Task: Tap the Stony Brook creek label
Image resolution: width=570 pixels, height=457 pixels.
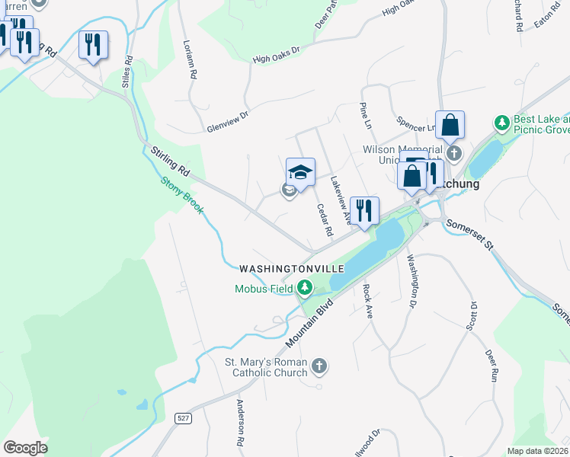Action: coord(181,196)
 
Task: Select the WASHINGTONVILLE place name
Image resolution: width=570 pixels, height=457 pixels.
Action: coord(292,270)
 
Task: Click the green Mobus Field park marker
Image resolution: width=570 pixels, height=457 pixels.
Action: coord(305,287)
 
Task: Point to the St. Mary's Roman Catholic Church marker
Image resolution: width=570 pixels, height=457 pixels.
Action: coord(320,367)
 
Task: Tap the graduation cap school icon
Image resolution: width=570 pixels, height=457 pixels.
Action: coord(300,171)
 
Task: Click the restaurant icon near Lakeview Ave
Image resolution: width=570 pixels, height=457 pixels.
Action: coord(364,210)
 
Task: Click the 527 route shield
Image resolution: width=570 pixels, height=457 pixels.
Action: coord(181,419)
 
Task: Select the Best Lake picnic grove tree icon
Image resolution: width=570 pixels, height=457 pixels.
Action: coord(501,122)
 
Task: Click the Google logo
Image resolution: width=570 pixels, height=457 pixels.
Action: coord(25,448)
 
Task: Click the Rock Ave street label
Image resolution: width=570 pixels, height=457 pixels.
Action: coord(367,301)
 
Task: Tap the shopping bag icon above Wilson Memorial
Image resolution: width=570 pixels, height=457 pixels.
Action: coord(450,125)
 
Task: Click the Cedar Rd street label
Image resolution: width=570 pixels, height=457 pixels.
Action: coord(325,219)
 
